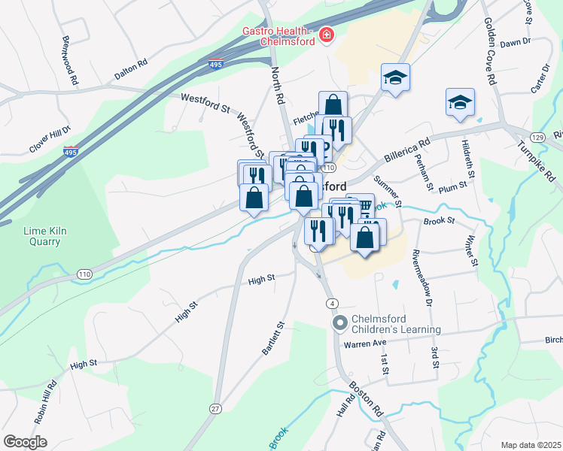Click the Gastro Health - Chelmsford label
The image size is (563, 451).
coord(277,36)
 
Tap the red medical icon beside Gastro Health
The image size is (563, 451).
coord(326,35)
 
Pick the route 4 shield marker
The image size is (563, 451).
coord(331,303)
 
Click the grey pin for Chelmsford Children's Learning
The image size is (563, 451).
coord(339,323)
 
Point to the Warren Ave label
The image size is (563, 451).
coord(365,344)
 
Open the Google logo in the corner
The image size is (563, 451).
coord(25,442)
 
